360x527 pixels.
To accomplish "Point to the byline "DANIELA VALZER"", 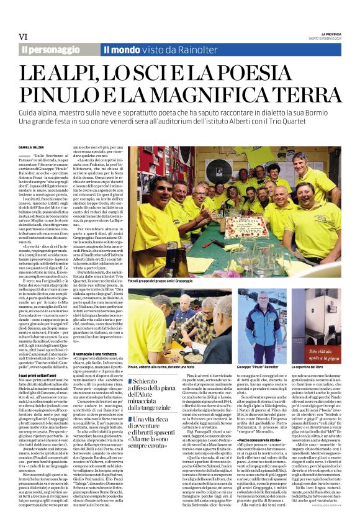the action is click(35, 164).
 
